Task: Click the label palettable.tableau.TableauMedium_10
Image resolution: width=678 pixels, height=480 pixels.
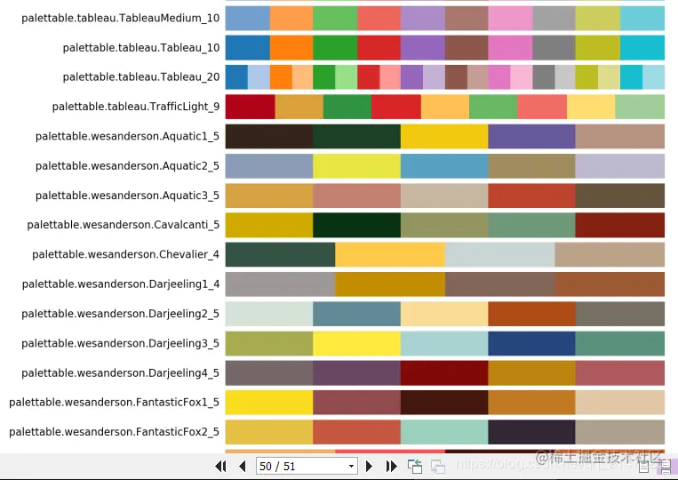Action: pyautogui.click(x=120, y=19)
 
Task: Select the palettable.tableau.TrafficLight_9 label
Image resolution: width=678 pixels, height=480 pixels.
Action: pyautogui.click(x=136, y=107)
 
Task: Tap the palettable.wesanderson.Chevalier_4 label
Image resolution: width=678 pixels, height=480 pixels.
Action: pyautogui.click(x=125, y=254)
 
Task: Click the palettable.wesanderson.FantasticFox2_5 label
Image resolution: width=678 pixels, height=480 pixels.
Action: pyautogui.click(x=114, y=432)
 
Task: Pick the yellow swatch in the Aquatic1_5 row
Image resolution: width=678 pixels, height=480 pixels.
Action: pyautogui.click(x=444, y=136)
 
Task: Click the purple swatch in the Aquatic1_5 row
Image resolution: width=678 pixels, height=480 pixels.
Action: pyautogui.click(x=531, y=136)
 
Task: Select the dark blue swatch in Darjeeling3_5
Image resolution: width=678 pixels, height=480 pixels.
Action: pyautogui.click(x=531, y=343)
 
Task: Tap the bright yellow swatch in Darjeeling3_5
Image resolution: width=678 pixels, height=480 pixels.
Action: pyautogui.click(x=356, y=343)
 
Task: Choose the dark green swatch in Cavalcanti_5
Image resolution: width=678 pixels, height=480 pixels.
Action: pyautogui.click(x=356, y=225)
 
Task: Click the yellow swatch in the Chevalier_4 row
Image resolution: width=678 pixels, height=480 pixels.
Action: pyautogui.click(x=389, y=254)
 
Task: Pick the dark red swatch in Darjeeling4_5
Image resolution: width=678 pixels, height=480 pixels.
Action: pyautogui.click(x=444, y=372)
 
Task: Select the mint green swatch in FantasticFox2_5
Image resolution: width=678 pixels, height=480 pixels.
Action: pyautogui.click(x=444, y=432)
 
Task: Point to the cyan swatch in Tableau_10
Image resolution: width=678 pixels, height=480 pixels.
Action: pyautogui.click(x=642, y=48)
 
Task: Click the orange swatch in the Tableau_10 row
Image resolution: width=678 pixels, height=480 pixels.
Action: pyautogui.click(x=291, y=48)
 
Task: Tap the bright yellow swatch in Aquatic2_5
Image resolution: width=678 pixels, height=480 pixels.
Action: pyautogui.click(x=356, y=166)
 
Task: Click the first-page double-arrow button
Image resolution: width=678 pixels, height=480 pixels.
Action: pyautogui.click(x=221, y=466)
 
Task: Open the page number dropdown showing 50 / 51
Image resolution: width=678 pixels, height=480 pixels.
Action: pyautogui.click(x=306, y=466)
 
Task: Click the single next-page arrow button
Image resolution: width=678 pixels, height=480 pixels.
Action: pyautogui.click(x=371, y=466)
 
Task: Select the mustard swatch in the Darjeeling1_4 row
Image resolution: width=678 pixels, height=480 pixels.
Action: pyautogui.click(x=389, y=284)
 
